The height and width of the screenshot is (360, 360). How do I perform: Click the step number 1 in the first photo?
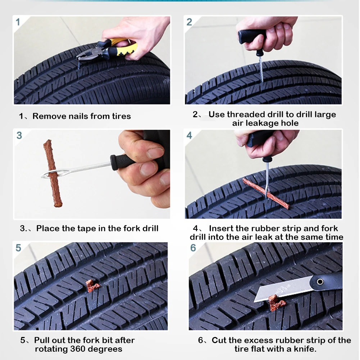tap(18, 22)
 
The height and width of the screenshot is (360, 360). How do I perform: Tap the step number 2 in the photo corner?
tap(189, 22)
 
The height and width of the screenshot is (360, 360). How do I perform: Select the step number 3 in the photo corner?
tap(19, 135)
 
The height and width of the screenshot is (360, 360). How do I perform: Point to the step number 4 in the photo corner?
tap(189, 135)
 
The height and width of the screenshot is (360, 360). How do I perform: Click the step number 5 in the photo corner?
tap(18, 248)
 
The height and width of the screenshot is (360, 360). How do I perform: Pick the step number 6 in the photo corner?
tap(193, 248)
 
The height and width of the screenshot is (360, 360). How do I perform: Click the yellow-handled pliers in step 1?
tap(108, 50)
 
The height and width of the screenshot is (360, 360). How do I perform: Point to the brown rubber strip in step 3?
tap(53, 173)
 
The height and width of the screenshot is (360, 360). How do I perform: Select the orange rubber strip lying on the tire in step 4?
tap(266, 194)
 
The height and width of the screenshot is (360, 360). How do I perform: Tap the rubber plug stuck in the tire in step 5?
tap(92, 286)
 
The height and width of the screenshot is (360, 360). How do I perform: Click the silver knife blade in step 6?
tap(282, 291)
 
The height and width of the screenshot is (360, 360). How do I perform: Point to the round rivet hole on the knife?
tap(320, 282)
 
